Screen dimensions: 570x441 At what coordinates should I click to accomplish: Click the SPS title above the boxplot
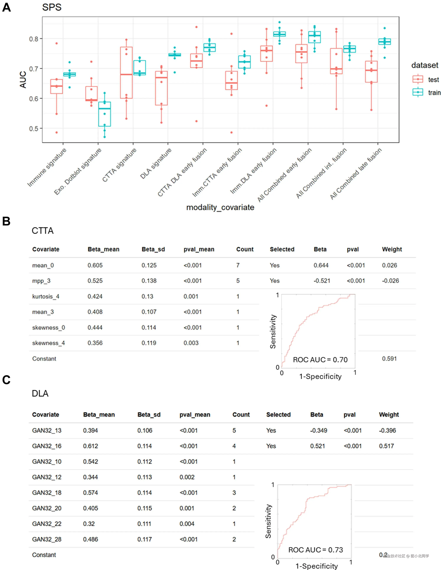[x=52, y=7]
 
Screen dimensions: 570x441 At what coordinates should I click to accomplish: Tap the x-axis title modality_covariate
[x=220, y=207]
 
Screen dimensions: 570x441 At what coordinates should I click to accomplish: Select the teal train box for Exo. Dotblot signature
[x=104, y=114]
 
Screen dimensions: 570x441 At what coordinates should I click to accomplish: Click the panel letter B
[x=6, y=221]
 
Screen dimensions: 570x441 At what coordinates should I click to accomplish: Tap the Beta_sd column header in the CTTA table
[x=153, y=249]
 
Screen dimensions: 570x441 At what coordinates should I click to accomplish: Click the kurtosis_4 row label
[x=46, y=297]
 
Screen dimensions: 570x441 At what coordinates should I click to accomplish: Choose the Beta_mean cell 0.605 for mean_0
[x=95, y=265]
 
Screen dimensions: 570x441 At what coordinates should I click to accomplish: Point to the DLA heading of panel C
[x=40, y=393]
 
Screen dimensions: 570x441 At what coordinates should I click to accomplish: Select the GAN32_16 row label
[x=47, y=446]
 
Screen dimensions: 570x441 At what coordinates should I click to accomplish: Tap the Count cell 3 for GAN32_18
[x=234, y=493]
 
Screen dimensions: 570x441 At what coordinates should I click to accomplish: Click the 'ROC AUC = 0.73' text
[x=315, y=550]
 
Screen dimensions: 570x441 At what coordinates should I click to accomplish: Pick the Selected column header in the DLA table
[x=278, y=415]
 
